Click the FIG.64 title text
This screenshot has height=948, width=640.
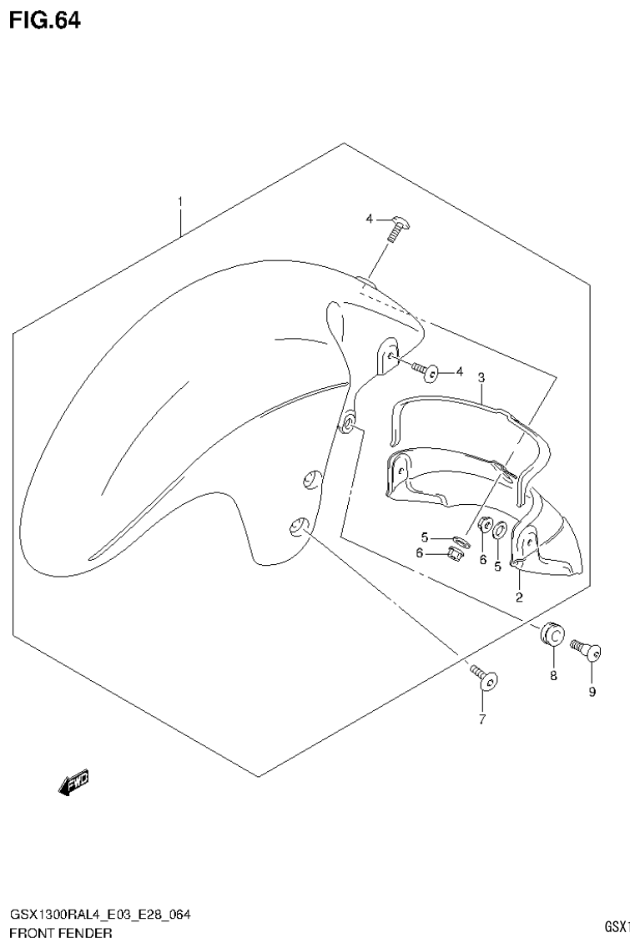[x=45, y=20]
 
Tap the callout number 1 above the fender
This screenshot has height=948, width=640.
[x=179, y=202]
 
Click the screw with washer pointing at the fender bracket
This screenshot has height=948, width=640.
[x=429, y=370]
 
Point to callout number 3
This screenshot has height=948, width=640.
[x=481, y=378]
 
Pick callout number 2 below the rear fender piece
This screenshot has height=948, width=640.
[x=518, y=596]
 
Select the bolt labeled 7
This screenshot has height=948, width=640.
[x=483, y=677]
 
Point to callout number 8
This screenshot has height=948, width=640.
[x=552, y=676]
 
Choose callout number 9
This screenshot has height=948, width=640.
[x=592, y=691]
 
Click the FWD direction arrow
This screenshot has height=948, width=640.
[x=73, y=782]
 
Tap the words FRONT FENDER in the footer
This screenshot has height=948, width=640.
[x=61, y=931]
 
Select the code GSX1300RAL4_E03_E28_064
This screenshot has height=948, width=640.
[x=99, y=915]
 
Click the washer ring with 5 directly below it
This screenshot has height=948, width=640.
[x=498, y=529]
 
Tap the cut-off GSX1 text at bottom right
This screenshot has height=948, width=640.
[x=622, y=926]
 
